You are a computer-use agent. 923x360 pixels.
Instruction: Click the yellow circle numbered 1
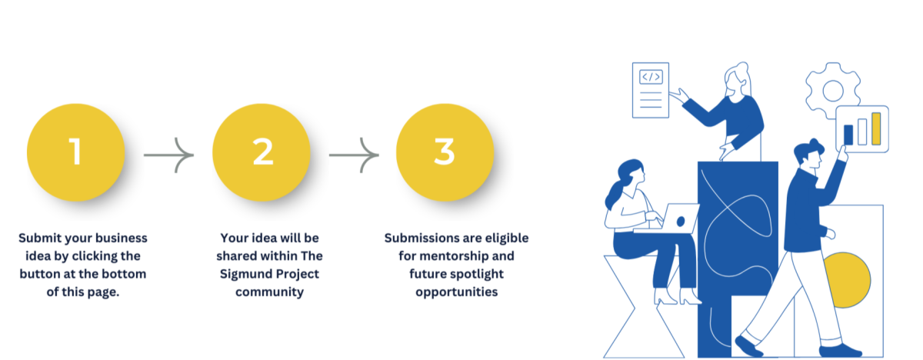(76, 152)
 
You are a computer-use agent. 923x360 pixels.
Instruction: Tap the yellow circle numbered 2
(262, 152)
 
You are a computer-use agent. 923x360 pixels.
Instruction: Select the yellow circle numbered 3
(445, 152)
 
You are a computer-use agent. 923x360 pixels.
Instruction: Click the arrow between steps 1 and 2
(169, 155)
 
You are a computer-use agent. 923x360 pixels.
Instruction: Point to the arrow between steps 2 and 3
(354, 155)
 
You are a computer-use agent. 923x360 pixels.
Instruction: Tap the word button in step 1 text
(40, 274)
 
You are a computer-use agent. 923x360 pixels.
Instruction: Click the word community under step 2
(269, 292)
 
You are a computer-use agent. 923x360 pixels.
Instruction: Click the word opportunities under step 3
(457, 292)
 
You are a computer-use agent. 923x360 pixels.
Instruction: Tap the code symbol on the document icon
(651, 77)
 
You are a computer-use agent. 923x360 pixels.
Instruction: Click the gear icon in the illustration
(832, 91)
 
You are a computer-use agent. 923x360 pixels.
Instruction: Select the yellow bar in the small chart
(876, 128)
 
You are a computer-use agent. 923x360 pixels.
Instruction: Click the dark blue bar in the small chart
(848, 135)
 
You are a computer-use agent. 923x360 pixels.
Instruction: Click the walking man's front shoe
(748, 346)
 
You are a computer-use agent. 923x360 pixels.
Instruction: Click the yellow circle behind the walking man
(848, 280)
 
